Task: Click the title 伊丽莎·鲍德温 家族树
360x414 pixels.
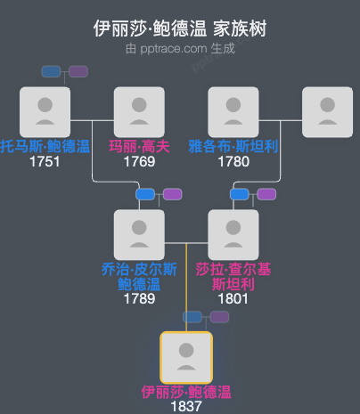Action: [x=180, y=28]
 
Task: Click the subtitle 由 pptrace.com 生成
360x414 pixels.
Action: [x=180, y=48]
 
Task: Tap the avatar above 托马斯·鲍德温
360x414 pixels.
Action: [x=45, y=112]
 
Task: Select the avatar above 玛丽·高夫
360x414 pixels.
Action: [x=140, y=112]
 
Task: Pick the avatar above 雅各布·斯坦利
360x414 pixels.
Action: [x=233, y=112]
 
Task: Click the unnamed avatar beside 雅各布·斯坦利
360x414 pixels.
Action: [x=327, y=112]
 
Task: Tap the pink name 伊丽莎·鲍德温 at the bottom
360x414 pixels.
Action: [x=186, y=392]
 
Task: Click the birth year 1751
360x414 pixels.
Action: [x=45, y=162]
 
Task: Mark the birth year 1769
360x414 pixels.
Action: [x=140, y=162]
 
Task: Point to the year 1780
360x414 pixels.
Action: [x=233, y=162]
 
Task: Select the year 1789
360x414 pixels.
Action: [x=140, y=299]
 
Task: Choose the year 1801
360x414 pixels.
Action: [x=233, y=299]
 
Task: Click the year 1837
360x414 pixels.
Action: [x=186, y=406]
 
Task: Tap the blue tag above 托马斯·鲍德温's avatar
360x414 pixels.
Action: [x=52, y=71]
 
